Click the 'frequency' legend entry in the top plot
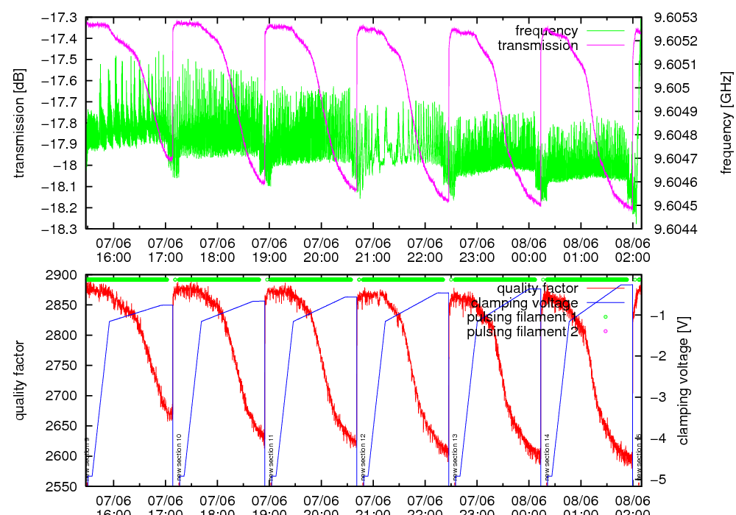[547, 31]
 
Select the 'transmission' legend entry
[538, 46]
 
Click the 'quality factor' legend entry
[537, 288]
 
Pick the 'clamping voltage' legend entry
[524, 302]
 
